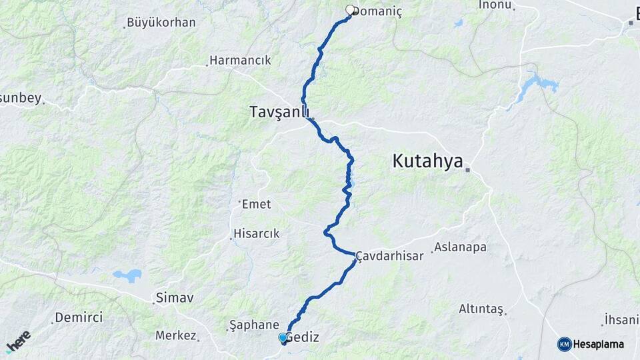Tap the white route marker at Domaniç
tap(350, 10)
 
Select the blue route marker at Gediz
tap(283, 338)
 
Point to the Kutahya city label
tap(427, 161)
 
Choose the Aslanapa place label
tap(460, 247)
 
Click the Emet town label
tap(257, 204)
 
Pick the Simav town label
tap(174, 297)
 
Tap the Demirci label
tap(79, 317)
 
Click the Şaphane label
tap(253, 325)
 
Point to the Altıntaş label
tap(481, 309)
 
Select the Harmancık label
tap(240, 60)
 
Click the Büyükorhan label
tap(161, 23)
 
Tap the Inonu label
tap(495, 5)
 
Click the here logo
tap(18, 341)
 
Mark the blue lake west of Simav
tap(127, 275)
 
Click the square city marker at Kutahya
tap(468, 169)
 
